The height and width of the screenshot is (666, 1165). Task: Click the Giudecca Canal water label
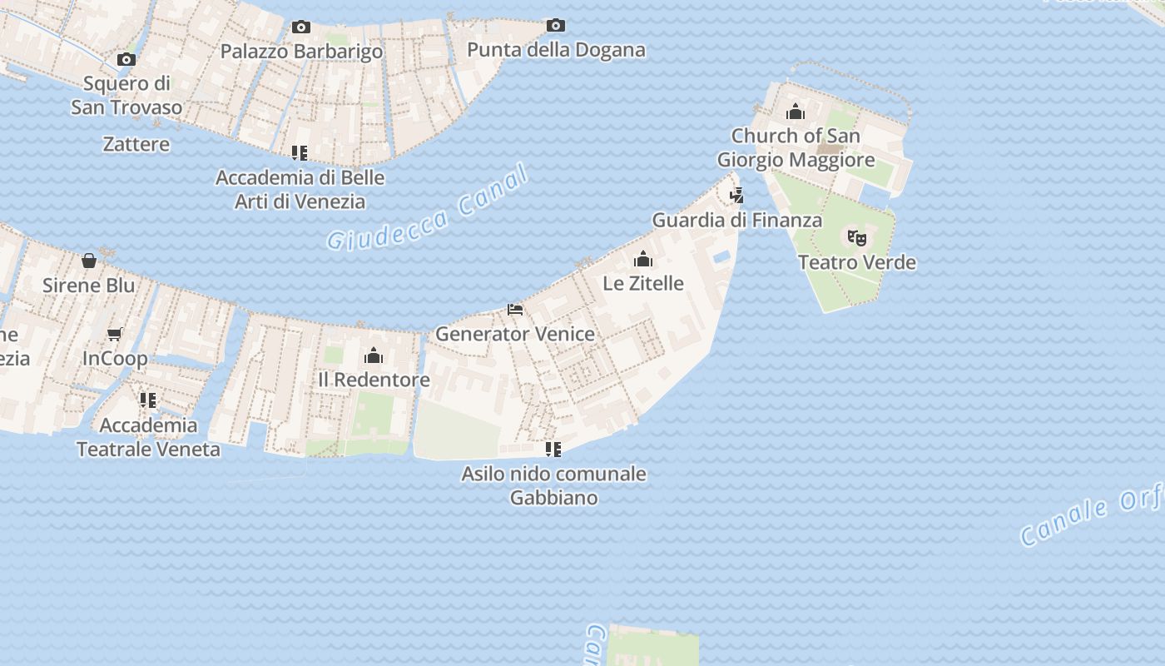click(428, 207)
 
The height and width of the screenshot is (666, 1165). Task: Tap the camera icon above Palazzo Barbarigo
click(301, 27)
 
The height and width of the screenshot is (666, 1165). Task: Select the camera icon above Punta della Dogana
click(556, 26)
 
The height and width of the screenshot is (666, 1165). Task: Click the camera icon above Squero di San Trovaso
click(126, 59)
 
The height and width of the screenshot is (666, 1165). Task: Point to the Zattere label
click(136, 144)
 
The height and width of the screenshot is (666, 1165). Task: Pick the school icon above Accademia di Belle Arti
click(300, 153)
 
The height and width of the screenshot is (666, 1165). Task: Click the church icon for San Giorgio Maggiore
click(796, 112)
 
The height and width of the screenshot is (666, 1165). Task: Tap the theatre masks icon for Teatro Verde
click(857, 238)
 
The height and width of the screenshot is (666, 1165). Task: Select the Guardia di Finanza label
click(737, 221)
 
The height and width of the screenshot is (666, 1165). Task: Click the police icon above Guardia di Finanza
click(736, 196)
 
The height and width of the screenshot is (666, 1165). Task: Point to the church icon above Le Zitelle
click(642, 259)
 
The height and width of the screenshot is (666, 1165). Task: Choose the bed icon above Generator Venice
click(515, 310)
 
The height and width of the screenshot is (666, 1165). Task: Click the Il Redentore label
click(374, 380)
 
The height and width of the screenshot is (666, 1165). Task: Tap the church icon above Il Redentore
click(374, 356)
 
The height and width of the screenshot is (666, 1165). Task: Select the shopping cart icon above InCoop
click(115, 335)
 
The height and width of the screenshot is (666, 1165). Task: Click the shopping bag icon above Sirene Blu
click(89, 261)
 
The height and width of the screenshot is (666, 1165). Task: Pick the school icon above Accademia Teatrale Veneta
click(148, 401)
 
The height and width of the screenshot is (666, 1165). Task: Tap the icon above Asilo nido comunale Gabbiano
click(553, 450)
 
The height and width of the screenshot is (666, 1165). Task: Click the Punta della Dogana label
click(556, 50)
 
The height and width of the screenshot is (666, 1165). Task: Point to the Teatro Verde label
click(857, 263)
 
